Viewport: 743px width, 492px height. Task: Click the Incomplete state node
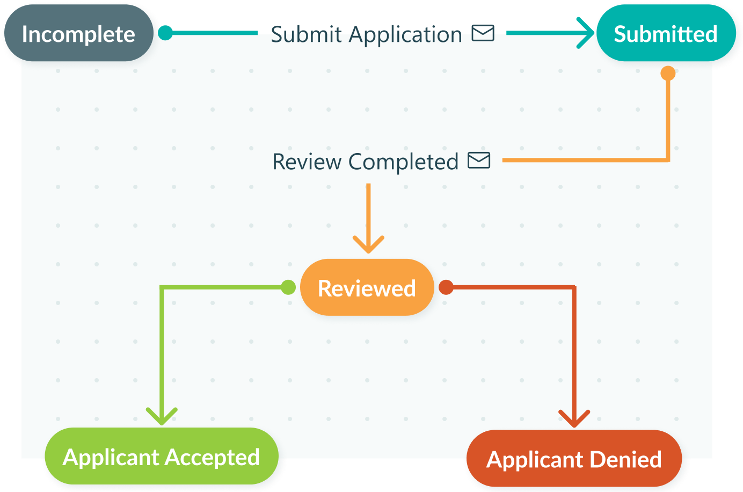(x=78, y=34)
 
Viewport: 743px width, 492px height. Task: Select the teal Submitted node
(x=666, y=34)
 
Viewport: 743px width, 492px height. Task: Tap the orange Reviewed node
(x=367, y=288)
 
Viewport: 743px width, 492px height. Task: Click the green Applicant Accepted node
(x=161, y=457)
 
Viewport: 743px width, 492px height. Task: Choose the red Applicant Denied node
(x=574, y=460)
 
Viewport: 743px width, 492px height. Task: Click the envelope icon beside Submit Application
(x=483, y=33)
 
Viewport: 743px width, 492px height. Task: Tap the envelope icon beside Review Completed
(x=479, y=161)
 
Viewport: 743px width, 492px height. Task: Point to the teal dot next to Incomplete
(x=165, y=33)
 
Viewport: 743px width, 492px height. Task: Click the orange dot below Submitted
(x=668, y=73)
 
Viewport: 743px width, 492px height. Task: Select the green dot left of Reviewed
(x=288, y=287)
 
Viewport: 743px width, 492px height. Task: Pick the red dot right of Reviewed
(x=446, y=287)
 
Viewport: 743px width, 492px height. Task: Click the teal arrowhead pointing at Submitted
(x=586, y=33)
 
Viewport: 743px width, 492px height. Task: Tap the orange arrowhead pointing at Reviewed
(x=368, y=244)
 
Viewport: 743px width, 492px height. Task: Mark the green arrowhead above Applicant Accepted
(x=162, y=416)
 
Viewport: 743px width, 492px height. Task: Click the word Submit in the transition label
(x=306, y=35)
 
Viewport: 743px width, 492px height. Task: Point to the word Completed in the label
(x=403, y=162)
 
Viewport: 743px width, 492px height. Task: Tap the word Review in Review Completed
(x=307, y=162)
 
